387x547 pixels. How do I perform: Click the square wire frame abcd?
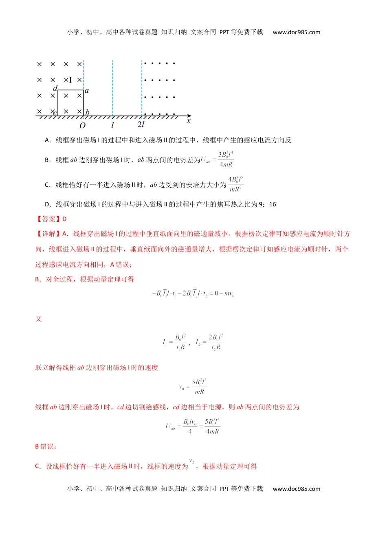[70, 103]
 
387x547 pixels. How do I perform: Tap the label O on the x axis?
[82, 126]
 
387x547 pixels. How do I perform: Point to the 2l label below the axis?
[141, 125]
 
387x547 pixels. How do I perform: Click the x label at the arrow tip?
[189, 121]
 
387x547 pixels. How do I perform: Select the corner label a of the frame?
[87, 91]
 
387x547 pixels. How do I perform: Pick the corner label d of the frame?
[55, 88]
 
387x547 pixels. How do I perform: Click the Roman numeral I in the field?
[70, 80]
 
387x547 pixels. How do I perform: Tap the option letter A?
[47, 140]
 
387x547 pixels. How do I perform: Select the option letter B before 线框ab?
[47, 160]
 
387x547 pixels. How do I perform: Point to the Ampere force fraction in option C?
[236, 184]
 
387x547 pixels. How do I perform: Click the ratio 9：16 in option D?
[267, 204]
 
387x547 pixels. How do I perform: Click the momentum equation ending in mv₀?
[193, 293]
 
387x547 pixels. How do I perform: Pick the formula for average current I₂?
[209, 342]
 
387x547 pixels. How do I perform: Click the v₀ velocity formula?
[193, 387]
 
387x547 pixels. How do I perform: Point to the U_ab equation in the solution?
[193, 427]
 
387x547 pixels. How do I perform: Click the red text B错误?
[46, 446]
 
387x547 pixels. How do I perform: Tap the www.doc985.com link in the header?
[297, 32]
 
